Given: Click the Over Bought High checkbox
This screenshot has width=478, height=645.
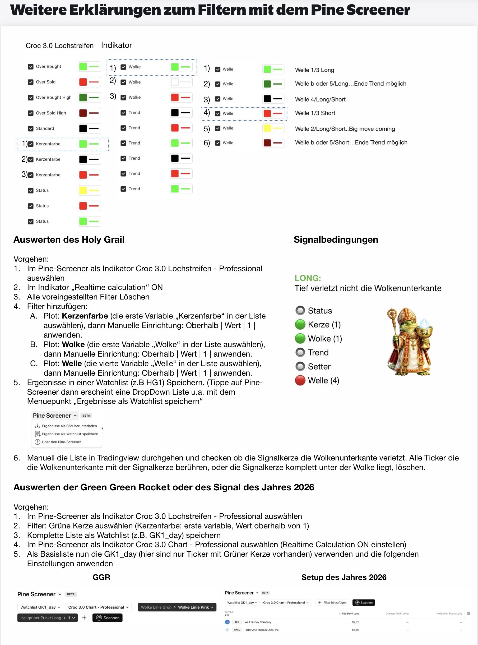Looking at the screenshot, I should coord(31,98).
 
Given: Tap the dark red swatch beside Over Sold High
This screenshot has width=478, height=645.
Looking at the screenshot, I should coord(83,113).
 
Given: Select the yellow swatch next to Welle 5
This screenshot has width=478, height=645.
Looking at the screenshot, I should coord(267,128).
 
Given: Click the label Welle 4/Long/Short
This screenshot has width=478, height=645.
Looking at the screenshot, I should coord(320,99).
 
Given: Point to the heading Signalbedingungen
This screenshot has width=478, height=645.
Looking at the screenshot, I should coord(336,240).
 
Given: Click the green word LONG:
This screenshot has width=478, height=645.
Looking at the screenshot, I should coord(308,278).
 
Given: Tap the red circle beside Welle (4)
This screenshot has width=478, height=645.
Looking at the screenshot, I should coord(300,380).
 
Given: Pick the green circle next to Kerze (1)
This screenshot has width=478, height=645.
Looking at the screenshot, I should coord(300,325).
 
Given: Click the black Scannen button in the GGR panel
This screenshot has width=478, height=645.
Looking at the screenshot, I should coord(107,618).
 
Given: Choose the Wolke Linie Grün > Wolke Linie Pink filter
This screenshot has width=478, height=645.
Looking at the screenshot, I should coord(177,607).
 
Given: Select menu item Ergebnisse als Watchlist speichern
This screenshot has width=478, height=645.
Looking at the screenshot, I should coord(70,434).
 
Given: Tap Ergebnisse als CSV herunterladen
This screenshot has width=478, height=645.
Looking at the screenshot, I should coord(69,426).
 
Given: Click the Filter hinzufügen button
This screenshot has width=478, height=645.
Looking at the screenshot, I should coord(332,602).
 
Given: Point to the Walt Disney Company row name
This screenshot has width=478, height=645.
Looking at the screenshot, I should coord(258,622).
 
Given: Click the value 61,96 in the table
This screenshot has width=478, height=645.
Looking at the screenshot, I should coord(355,630).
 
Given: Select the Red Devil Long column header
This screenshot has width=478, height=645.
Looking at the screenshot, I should coord(350,614).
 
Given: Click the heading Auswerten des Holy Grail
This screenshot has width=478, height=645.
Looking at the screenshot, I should coord(69,240).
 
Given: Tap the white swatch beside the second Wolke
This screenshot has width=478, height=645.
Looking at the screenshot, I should coord(175,82).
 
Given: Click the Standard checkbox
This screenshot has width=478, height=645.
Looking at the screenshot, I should coord(31,128).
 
